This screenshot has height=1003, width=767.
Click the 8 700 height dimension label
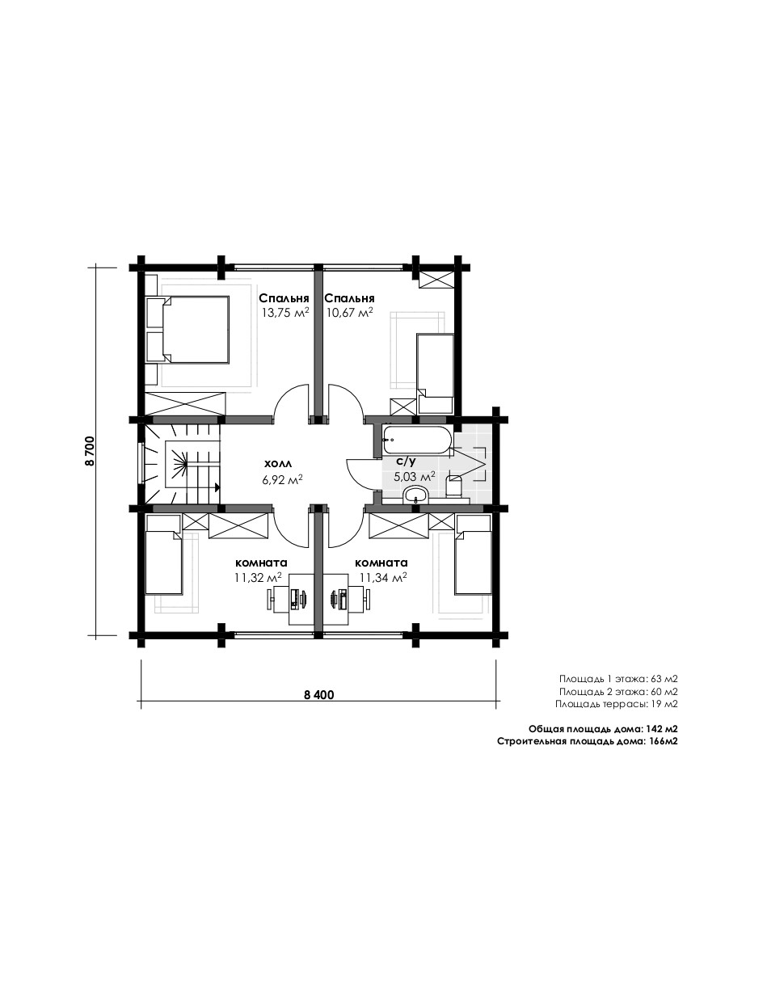[x=90, y=451]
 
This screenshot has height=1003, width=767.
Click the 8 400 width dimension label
[x=319, y=695]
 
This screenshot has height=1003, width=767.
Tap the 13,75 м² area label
[x=285, y=313]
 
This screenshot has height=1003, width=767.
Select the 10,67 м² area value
[x=349, y=313]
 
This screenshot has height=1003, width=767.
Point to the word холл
[x=278, y=464]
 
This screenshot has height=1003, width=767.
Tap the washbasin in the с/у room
[x=415, y=495]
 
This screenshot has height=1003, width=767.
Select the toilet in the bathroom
[x=453, y=486]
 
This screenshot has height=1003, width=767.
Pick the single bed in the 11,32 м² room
[x=163, y=554]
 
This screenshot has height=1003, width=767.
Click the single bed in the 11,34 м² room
[x=473, y=554]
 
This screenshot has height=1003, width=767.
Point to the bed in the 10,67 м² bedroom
[x=435, y=373]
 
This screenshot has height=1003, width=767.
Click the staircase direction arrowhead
[x=217, y=487]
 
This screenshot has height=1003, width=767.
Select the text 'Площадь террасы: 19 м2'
[x=616, y=704]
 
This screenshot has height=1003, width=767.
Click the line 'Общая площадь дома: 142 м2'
[x=603, y=728]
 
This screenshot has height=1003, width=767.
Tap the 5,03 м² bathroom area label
[x=415, y=477]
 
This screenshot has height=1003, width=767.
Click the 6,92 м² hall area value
[x=283, y=479]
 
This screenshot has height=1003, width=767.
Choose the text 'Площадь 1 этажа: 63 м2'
[x=618, y=679]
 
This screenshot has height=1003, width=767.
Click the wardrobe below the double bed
[x=185, y=403]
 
